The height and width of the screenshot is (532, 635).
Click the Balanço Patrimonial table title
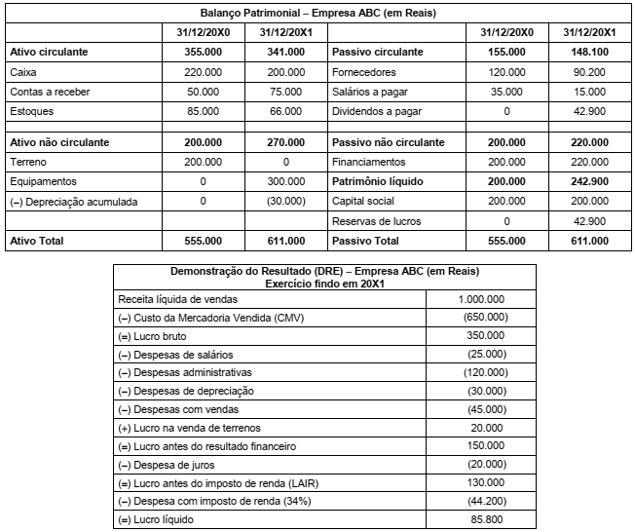coord(318,15)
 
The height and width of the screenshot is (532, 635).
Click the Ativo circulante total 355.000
coord(203,51)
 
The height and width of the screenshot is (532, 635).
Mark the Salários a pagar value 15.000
coord(591,92)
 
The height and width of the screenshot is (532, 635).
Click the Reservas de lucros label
coord(375,221)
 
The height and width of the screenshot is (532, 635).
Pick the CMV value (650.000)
coord(483,318)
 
